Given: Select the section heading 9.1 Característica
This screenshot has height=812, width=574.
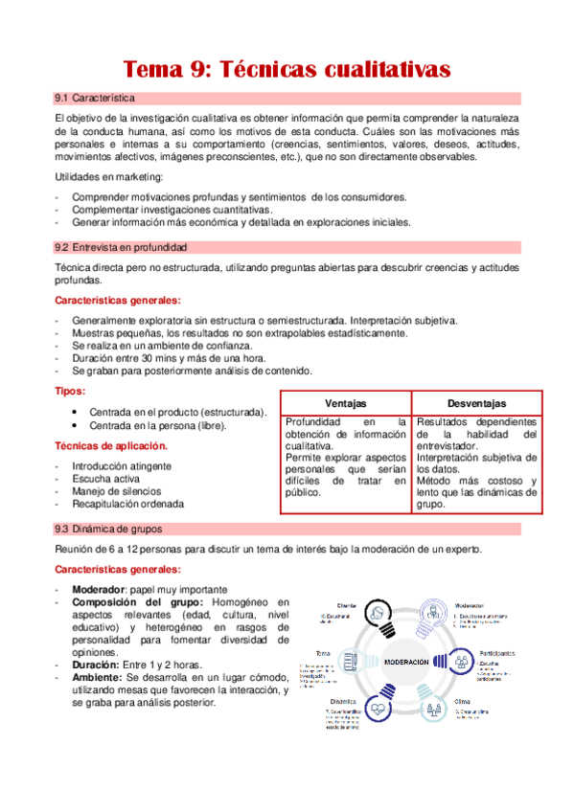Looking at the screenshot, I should click(x=96, y=100).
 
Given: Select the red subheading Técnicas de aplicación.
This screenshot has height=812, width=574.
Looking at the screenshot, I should click(x=112, y=446).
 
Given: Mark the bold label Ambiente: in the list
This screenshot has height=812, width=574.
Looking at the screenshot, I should click(x=97, y=677).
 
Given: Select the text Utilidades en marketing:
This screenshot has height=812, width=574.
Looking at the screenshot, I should click(x=108, y=178).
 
